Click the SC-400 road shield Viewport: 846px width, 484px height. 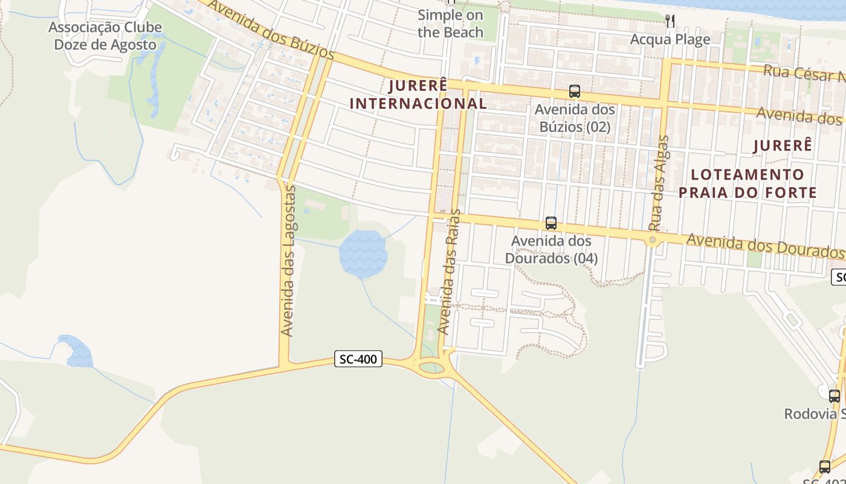(x=358, y=359)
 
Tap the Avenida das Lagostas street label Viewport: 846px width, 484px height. (x=288, y=261)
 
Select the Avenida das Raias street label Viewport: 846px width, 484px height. (x=448, y=272)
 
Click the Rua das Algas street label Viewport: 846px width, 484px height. (x=659, y=184)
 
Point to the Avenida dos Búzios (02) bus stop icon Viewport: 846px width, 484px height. (x=574, y=91)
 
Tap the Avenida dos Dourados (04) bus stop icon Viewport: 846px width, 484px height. (x=551, y=223)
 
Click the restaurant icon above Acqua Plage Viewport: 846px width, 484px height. (x=670, y=21)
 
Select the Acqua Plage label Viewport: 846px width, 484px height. (x=670, y=39)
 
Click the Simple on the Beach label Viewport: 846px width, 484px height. (x=450, y=24)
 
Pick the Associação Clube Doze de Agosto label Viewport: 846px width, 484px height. (x=106, y=36)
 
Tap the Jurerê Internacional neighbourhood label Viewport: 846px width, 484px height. (x=418, y=94)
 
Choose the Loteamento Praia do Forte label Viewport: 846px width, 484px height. (x=748, y=183)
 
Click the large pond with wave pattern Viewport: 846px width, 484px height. (x=363, y=254)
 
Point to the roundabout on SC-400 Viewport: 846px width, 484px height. (x=430, y=366)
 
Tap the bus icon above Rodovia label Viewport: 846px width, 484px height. (x=834, y=396)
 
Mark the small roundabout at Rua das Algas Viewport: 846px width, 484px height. (x=653, y=240)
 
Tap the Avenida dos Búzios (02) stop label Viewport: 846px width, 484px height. (x=575, y=118)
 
